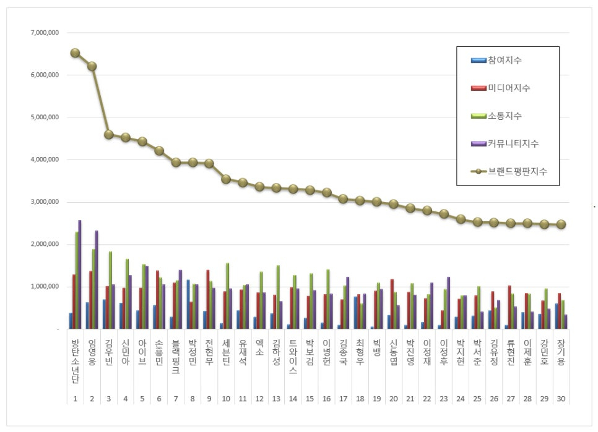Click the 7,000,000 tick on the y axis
[43, 33]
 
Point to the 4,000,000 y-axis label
[43, 159]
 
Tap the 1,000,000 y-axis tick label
[43, 287]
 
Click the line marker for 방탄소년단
[75, 53]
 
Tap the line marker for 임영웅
[92, 66]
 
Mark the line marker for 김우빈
[109, 134]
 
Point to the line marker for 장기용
[561, 224]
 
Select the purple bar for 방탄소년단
[79, 274]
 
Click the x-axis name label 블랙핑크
[176, 356]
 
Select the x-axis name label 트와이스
[293, 356]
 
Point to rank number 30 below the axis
[561, 399]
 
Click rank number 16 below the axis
[326, 399]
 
